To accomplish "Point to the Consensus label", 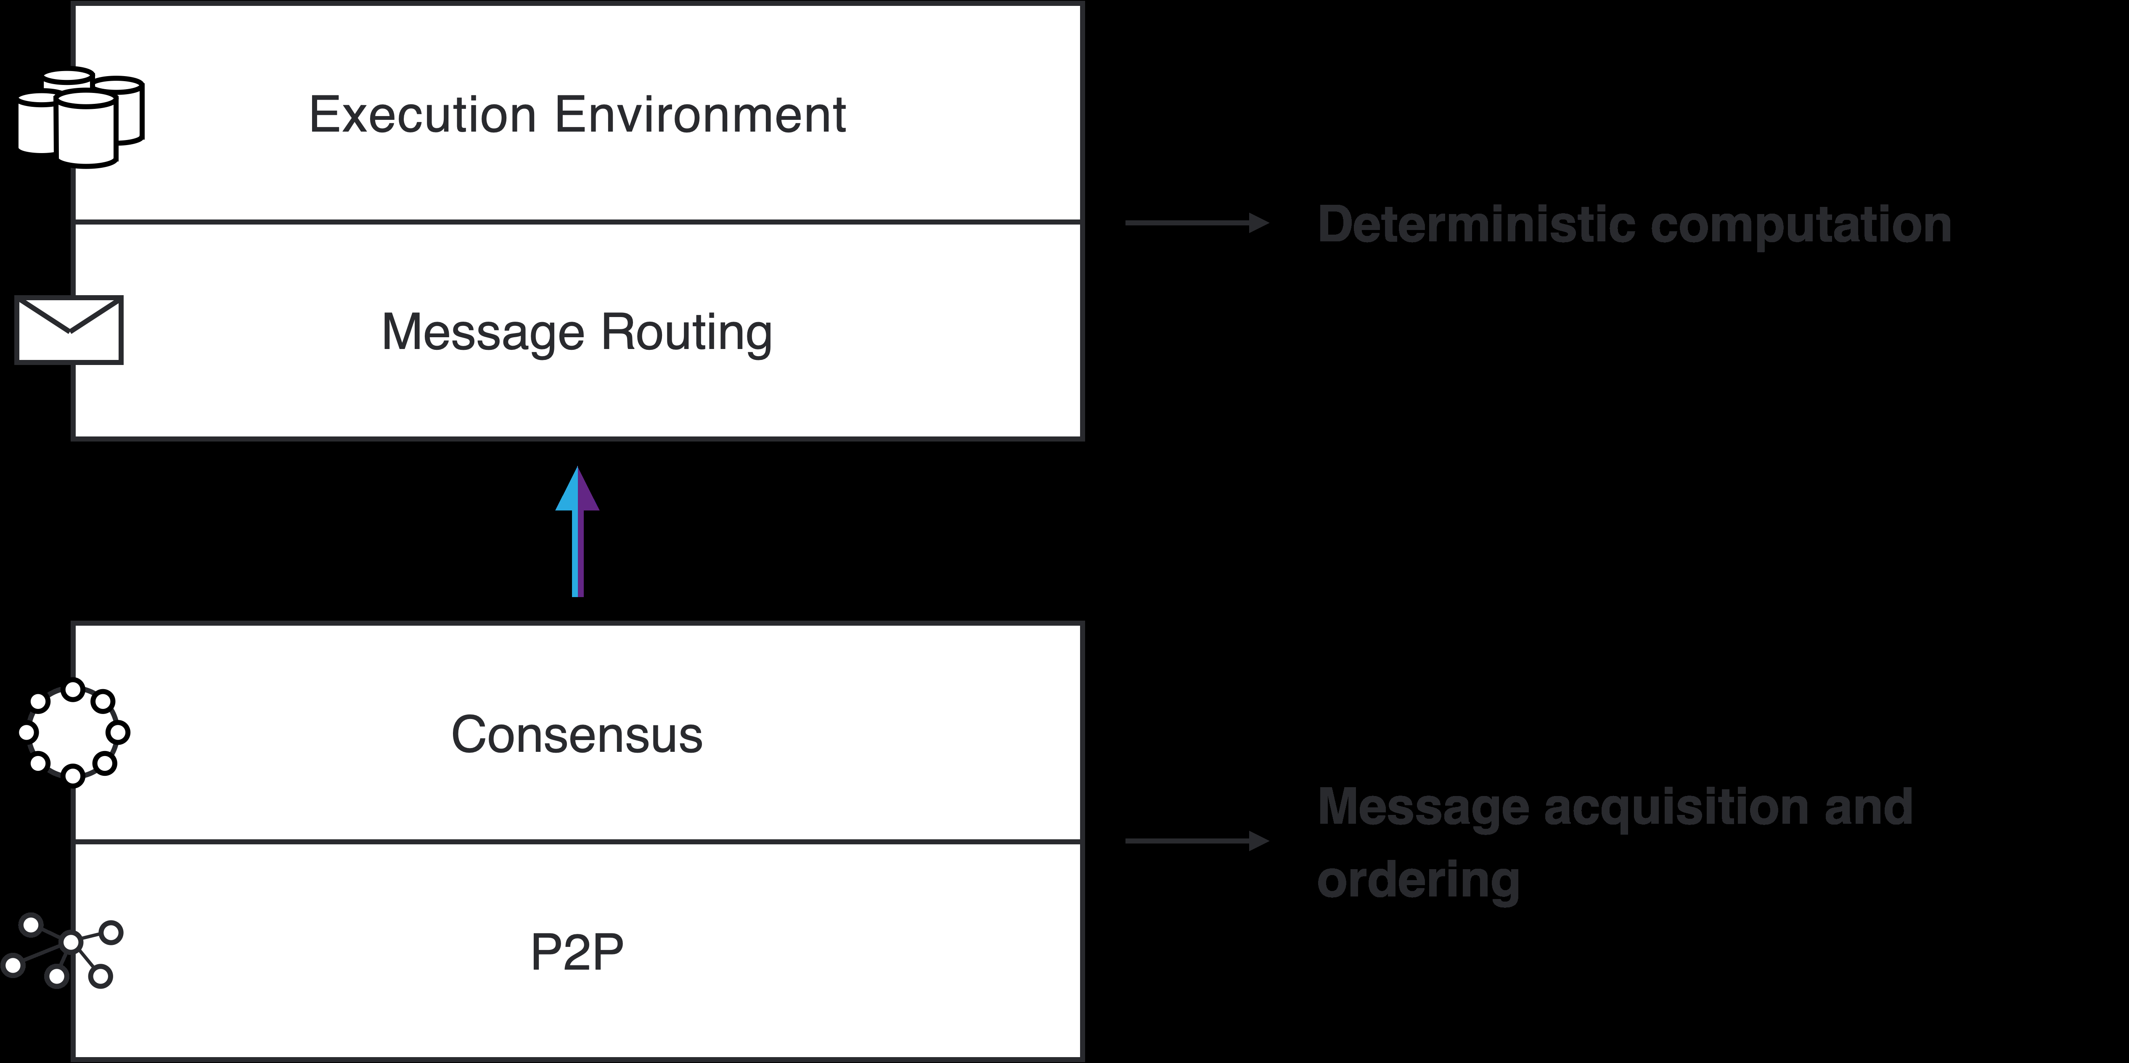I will coord(577,735).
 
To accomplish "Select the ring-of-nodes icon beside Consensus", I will coord(74,732).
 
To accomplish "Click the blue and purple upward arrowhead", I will coord(577,490).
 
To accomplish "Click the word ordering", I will coord(1418,880).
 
